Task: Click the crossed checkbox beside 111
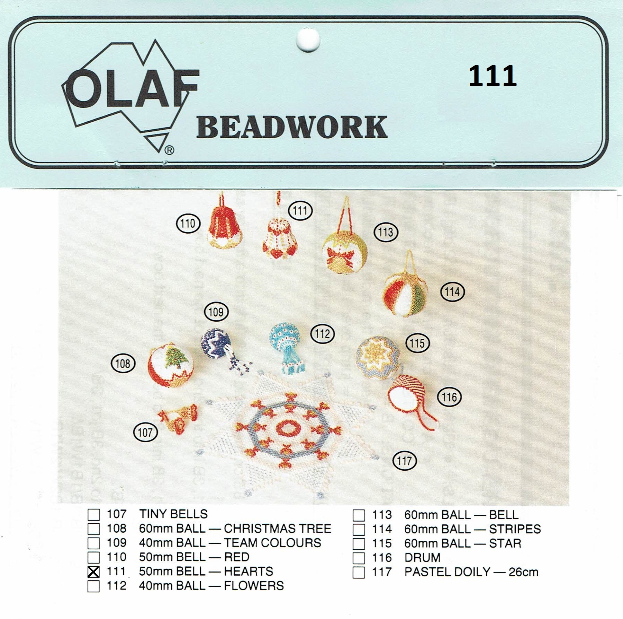(x=93, y=572)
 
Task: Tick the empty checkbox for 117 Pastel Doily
(x=359, y=572)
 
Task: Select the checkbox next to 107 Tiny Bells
(x=93, y=514)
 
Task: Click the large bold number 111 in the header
(x=492, y=76)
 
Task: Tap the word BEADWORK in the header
(x=292, y=127)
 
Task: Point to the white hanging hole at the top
(x=308, y=40)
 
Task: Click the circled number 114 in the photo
(x=452, y=292)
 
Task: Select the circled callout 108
(x=123, y=364)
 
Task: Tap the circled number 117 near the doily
(x=405, y=461)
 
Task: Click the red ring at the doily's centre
(x=288, y=428)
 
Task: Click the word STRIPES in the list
(x=515, y=529)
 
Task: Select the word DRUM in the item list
(x=422, y=558)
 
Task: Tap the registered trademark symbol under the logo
(x=169, y=150)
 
